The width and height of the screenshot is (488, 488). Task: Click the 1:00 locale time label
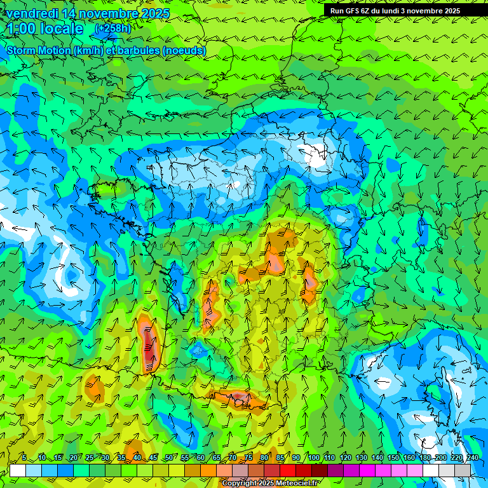point(44,29)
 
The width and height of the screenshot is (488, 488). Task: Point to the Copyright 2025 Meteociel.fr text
point(271,484)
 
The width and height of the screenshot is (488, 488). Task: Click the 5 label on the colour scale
point(24,458)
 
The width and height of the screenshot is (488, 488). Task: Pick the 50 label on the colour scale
point(168,458)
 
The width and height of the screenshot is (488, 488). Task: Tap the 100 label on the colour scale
point(313,458)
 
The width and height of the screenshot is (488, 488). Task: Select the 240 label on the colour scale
point(472,458)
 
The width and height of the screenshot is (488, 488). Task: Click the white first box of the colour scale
point(18,470)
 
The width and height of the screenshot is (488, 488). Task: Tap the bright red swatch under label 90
point(288,470)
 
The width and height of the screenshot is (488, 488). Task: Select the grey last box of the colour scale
point(463,470)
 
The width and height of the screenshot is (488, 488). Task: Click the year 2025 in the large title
point(156,13)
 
